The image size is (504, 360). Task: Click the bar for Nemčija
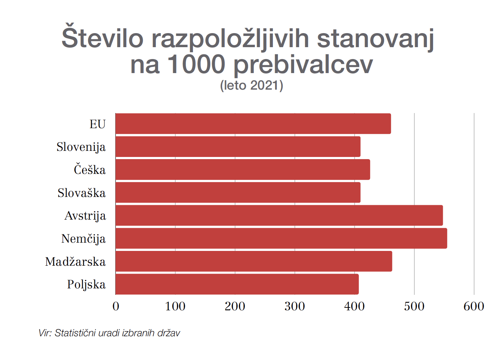(x=281, y=238)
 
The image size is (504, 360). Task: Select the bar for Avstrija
(x=279, y=215)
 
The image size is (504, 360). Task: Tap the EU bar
(x=253, y=123)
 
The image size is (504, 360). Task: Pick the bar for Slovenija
(x=238, y=147)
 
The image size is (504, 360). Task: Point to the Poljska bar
(x=237, y=284)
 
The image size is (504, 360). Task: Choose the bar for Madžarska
(x=254, y=261)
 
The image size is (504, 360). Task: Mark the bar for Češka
(x=243, y=170)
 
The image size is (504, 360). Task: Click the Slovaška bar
(x=238, y=193)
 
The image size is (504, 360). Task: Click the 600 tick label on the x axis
(x=474, y=306)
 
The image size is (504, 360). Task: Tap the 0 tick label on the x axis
(x=116, y=306)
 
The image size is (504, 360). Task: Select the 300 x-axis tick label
(x=294, y=306)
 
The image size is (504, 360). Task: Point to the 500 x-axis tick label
(x=414, y=306)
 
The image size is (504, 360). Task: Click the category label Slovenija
(x=81, y=147)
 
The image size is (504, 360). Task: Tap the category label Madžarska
(x=75, y=262)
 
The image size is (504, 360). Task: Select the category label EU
(x=98, y=124)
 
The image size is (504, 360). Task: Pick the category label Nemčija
(x=84, y=239)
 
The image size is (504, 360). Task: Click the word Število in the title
(x=102, y=37)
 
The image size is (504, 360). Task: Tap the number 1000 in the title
(x=196, y=64)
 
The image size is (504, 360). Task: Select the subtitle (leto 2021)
(x=252, y=85)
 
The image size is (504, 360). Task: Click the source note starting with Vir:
(x=109, y=333)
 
